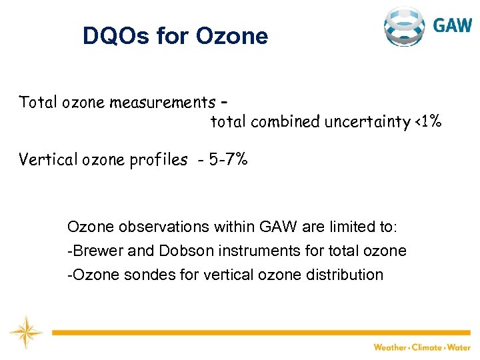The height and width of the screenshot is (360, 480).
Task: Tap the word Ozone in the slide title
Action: coord(231,36)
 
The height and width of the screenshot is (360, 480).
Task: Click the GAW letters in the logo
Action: coord(453,25)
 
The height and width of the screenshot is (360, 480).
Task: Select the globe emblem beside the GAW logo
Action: coord(404,27)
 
